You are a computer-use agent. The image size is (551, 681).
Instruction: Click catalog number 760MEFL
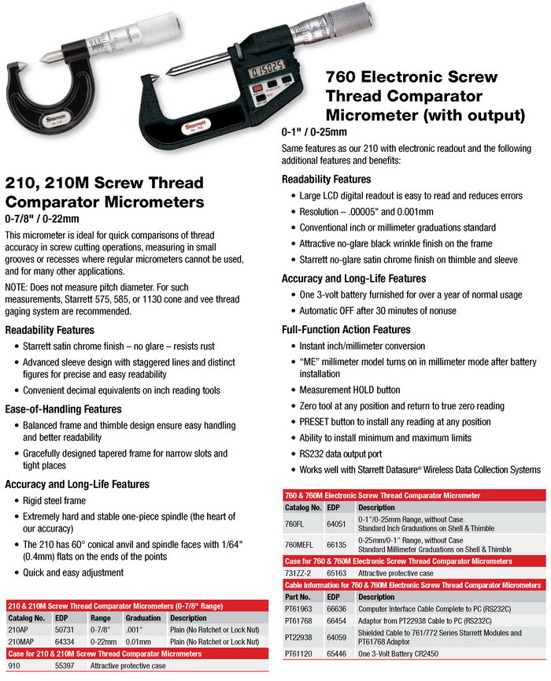[301, 545]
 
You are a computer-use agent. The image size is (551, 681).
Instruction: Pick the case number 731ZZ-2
[299, 574]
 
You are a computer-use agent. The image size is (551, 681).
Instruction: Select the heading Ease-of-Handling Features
[64, 409]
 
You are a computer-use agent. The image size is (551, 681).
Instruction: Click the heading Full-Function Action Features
[346, 329]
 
